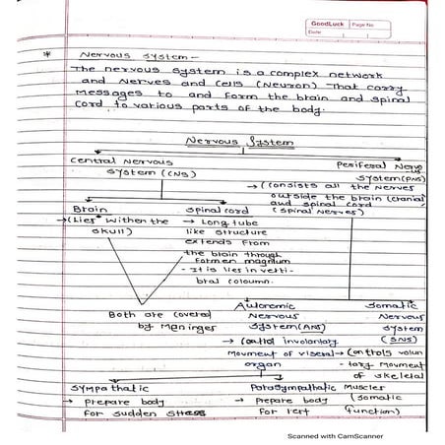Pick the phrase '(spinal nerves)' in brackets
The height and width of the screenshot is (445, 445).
tap(303, 210)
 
